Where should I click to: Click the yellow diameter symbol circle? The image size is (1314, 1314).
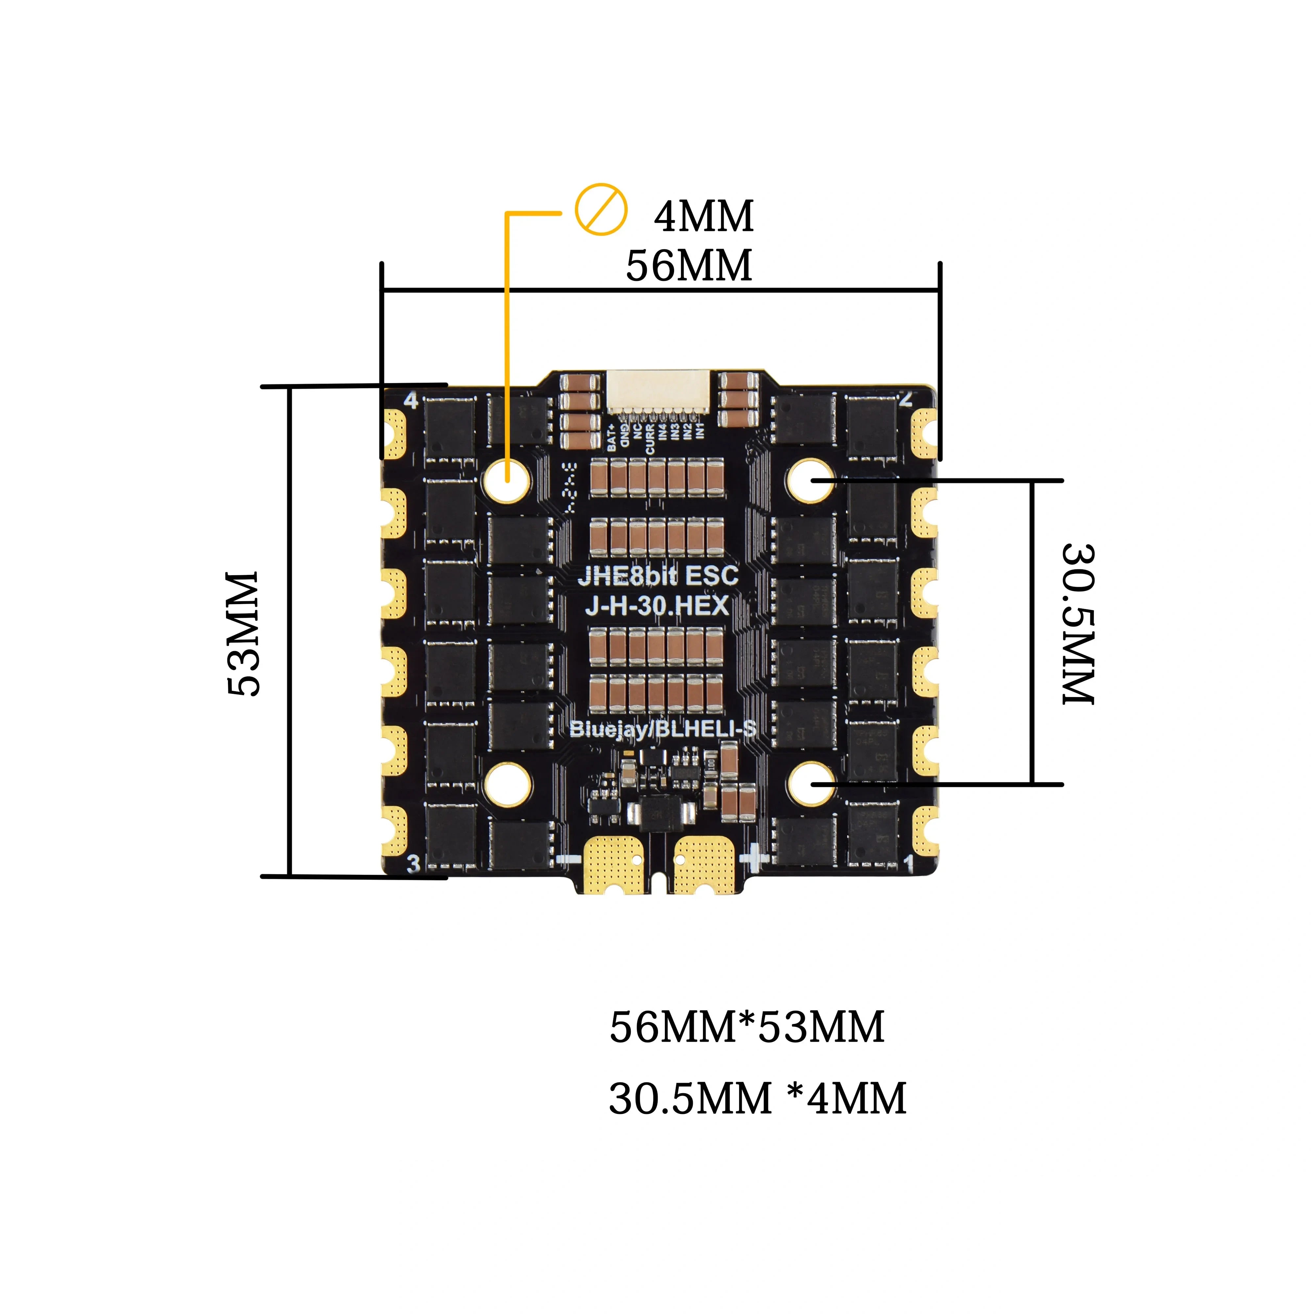(600, 209)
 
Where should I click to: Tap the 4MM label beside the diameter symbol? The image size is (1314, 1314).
(704, 216)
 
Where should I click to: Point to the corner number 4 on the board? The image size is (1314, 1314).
(411, 400)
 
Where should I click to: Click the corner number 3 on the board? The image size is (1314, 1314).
(413, 864)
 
